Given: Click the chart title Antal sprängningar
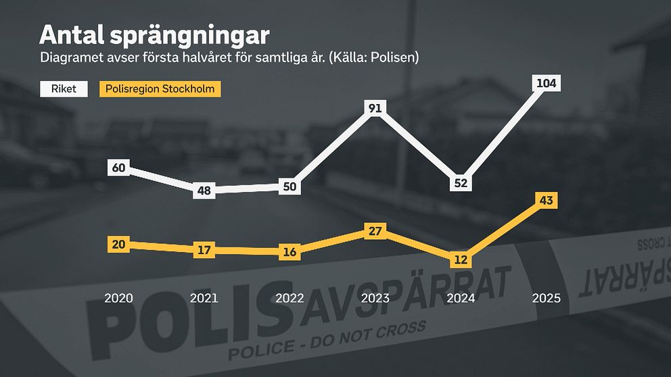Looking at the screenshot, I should coord(155,35).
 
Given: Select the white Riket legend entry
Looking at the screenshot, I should coord(64,89).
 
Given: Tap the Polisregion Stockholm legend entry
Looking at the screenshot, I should coord(160,89).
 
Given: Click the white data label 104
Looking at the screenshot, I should coord(546,84).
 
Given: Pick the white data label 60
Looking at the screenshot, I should coord(118,168).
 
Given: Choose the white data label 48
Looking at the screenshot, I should coord(204,191).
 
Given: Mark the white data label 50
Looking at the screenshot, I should coord(290,186).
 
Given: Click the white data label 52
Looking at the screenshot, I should coord(461,182).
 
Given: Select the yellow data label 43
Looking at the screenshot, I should coord(546,200).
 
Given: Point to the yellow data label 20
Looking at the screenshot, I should coord(118,245).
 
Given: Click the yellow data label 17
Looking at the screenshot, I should coord(204,250).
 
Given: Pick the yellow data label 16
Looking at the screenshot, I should coord(290,252).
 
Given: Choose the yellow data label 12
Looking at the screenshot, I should coord(461,259).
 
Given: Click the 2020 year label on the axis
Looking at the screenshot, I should coord(118,298).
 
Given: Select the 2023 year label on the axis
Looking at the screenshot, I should coord(375,298).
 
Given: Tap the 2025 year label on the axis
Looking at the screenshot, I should coord(546,298).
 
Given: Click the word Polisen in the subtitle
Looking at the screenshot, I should coord(394,58).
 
